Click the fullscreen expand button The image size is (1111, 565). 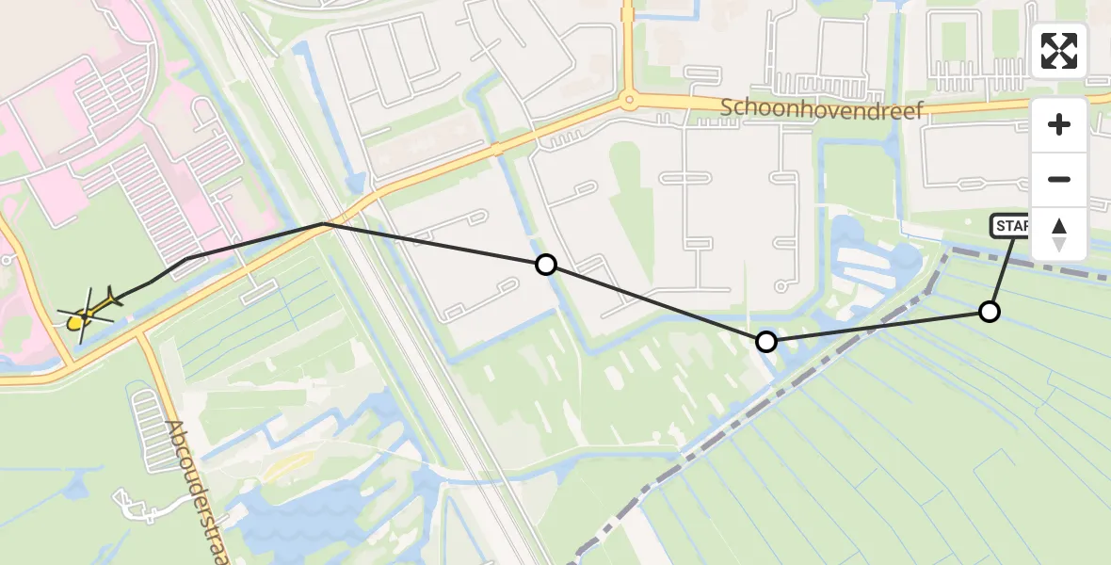[x=1059, y=51]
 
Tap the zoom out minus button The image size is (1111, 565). [x=1059, y=179]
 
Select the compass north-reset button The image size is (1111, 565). [x=1059, y=234]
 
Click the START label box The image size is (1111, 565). [x=1009, y=226]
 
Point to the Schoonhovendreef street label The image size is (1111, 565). [x=822, y=108]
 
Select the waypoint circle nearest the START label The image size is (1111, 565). [x=989, y=312]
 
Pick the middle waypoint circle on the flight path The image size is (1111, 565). [x=766, y=341]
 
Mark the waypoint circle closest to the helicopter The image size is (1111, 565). [x=545, y=265]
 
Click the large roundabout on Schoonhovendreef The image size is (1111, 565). [x=628, y=99]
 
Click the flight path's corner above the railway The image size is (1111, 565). [x=324, y=223]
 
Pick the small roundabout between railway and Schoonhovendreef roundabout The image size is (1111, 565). [x=494, y=149]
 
